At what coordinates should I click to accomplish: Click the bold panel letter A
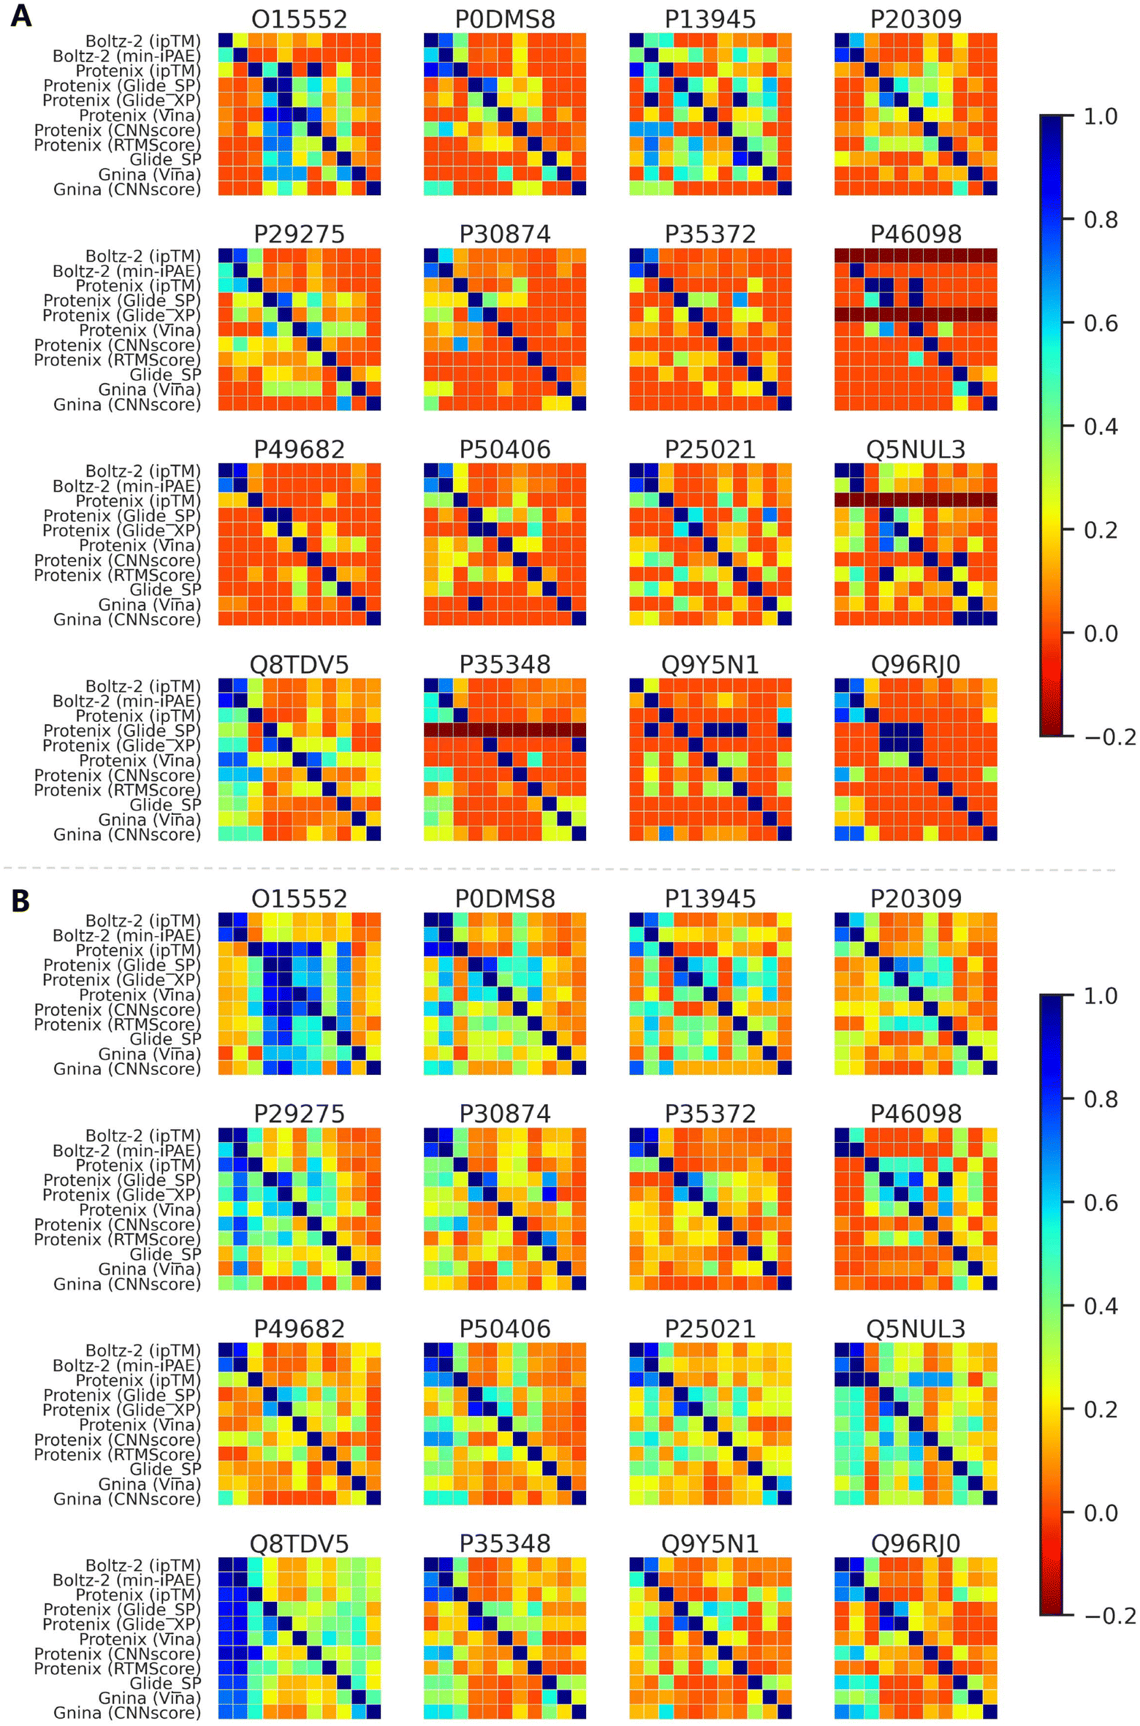21,15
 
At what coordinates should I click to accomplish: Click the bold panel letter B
20,900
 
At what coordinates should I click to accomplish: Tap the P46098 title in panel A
915,235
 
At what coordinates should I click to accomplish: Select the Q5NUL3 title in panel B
915,1328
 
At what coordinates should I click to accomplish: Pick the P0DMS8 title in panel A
504,20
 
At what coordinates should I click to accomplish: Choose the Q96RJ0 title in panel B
915,1543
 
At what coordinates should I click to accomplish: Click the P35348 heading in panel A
504,665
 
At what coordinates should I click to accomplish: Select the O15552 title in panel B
299,899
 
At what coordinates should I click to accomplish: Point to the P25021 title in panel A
710,449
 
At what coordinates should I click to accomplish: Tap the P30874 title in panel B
504,1114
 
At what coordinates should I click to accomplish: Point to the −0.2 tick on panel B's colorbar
1109,1616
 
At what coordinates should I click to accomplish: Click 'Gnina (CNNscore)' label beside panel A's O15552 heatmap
126,190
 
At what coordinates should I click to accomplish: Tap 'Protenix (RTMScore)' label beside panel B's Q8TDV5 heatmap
117,1668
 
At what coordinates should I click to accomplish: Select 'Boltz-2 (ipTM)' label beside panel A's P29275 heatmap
142,256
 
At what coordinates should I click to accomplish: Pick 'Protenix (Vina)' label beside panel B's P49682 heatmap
139,1425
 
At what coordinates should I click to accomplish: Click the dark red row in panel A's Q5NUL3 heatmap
915,501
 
